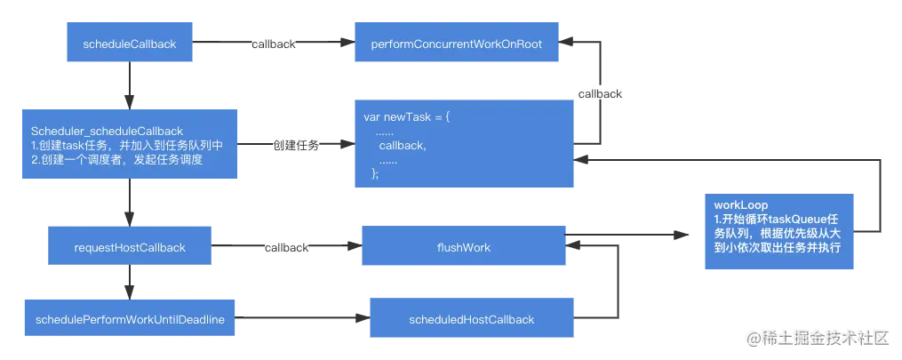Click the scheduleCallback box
129,44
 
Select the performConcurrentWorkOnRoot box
455,44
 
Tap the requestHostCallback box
129,247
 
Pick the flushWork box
463,247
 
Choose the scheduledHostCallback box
471,319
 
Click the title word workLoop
735,204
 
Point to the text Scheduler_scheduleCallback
107,132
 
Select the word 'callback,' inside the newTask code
402,146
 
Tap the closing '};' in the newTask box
375,174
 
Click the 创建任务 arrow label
295,146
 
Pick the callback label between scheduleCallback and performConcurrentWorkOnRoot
272,44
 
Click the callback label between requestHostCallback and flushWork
286,247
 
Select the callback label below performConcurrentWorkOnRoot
601,93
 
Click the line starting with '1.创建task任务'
126,146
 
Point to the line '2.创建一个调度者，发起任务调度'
117,160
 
